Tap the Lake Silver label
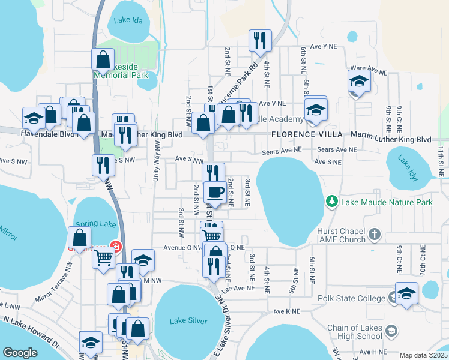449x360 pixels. pyautogui.click(x=188, y=321)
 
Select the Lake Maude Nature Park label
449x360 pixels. pyautogui.click(x=387, y=202)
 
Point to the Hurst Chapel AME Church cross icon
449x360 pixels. pyautogui.click(x=374, y=233)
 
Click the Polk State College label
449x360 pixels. pyautogui.click(x=352, y=299)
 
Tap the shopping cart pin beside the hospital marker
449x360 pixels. pyautogui.click(x=103, y=257)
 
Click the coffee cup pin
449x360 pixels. pyautogui.click(x=215, y=193)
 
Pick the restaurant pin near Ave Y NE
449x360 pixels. pyautogui.click(x=260, y=41)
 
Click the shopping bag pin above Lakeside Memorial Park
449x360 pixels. pyautogui.click(x=103, y=59)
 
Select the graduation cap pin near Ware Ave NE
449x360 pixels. pyautogui.click(x=359, y=81)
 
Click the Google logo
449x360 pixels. pyautogui.click(x=20, y=353)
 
